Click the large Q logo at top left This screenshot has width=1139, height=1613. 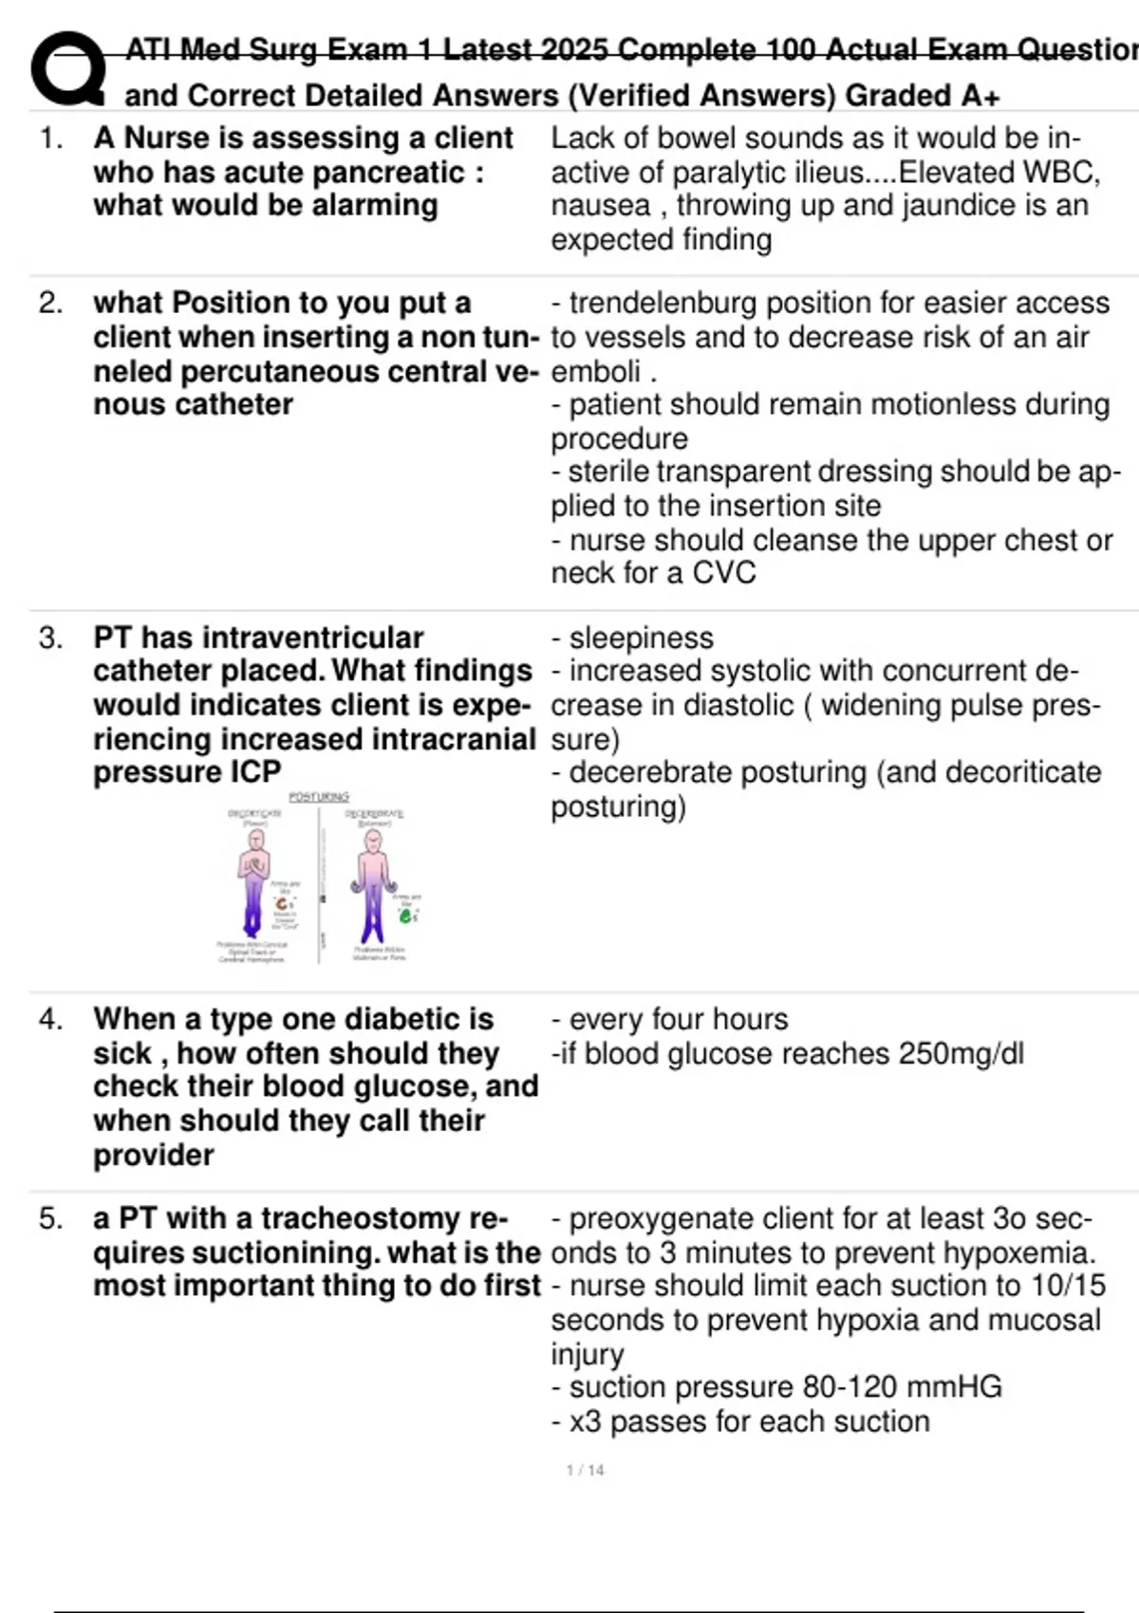pos(67,68)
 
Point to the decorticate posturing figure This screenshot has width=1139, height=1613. pos(254,882)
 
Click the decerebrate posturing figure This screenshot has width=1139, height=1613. pos(374,882)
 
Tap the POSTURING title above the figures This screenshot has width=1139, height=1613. pos(319,797)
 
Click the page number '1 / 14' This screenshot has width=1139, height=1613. pos(585,1470)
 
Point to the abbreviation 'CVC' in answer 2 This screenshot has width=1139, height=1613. pos(724,572)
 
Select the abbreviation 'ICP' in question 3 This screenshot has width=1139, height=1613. pos(254,772)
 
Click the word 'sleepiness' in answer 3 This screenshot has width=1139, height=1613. pos(642,638)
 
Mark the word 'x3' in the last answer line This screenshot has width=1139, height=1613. pos(585,1421)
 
